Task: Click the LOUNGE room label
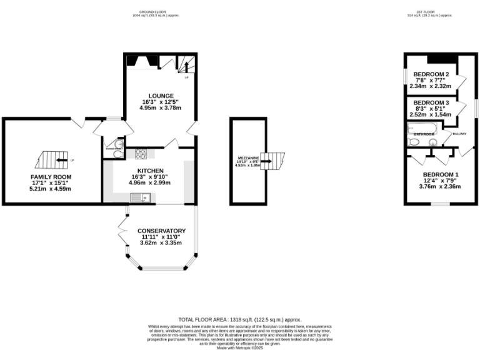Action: point(161,96)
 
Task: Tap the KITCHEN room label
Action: point(151,171)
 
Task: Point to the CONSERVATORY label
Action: point(162,231)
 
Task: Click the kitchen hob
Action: point(141,153)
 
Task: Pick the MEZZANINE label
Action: point(247,158)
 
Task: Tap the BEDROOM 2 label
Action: point(431,74)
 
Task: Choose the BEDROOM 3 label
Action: point(431,102)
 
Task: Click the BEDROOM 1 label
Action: point(440,174)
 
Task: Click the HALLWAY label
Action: point(459,134)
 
